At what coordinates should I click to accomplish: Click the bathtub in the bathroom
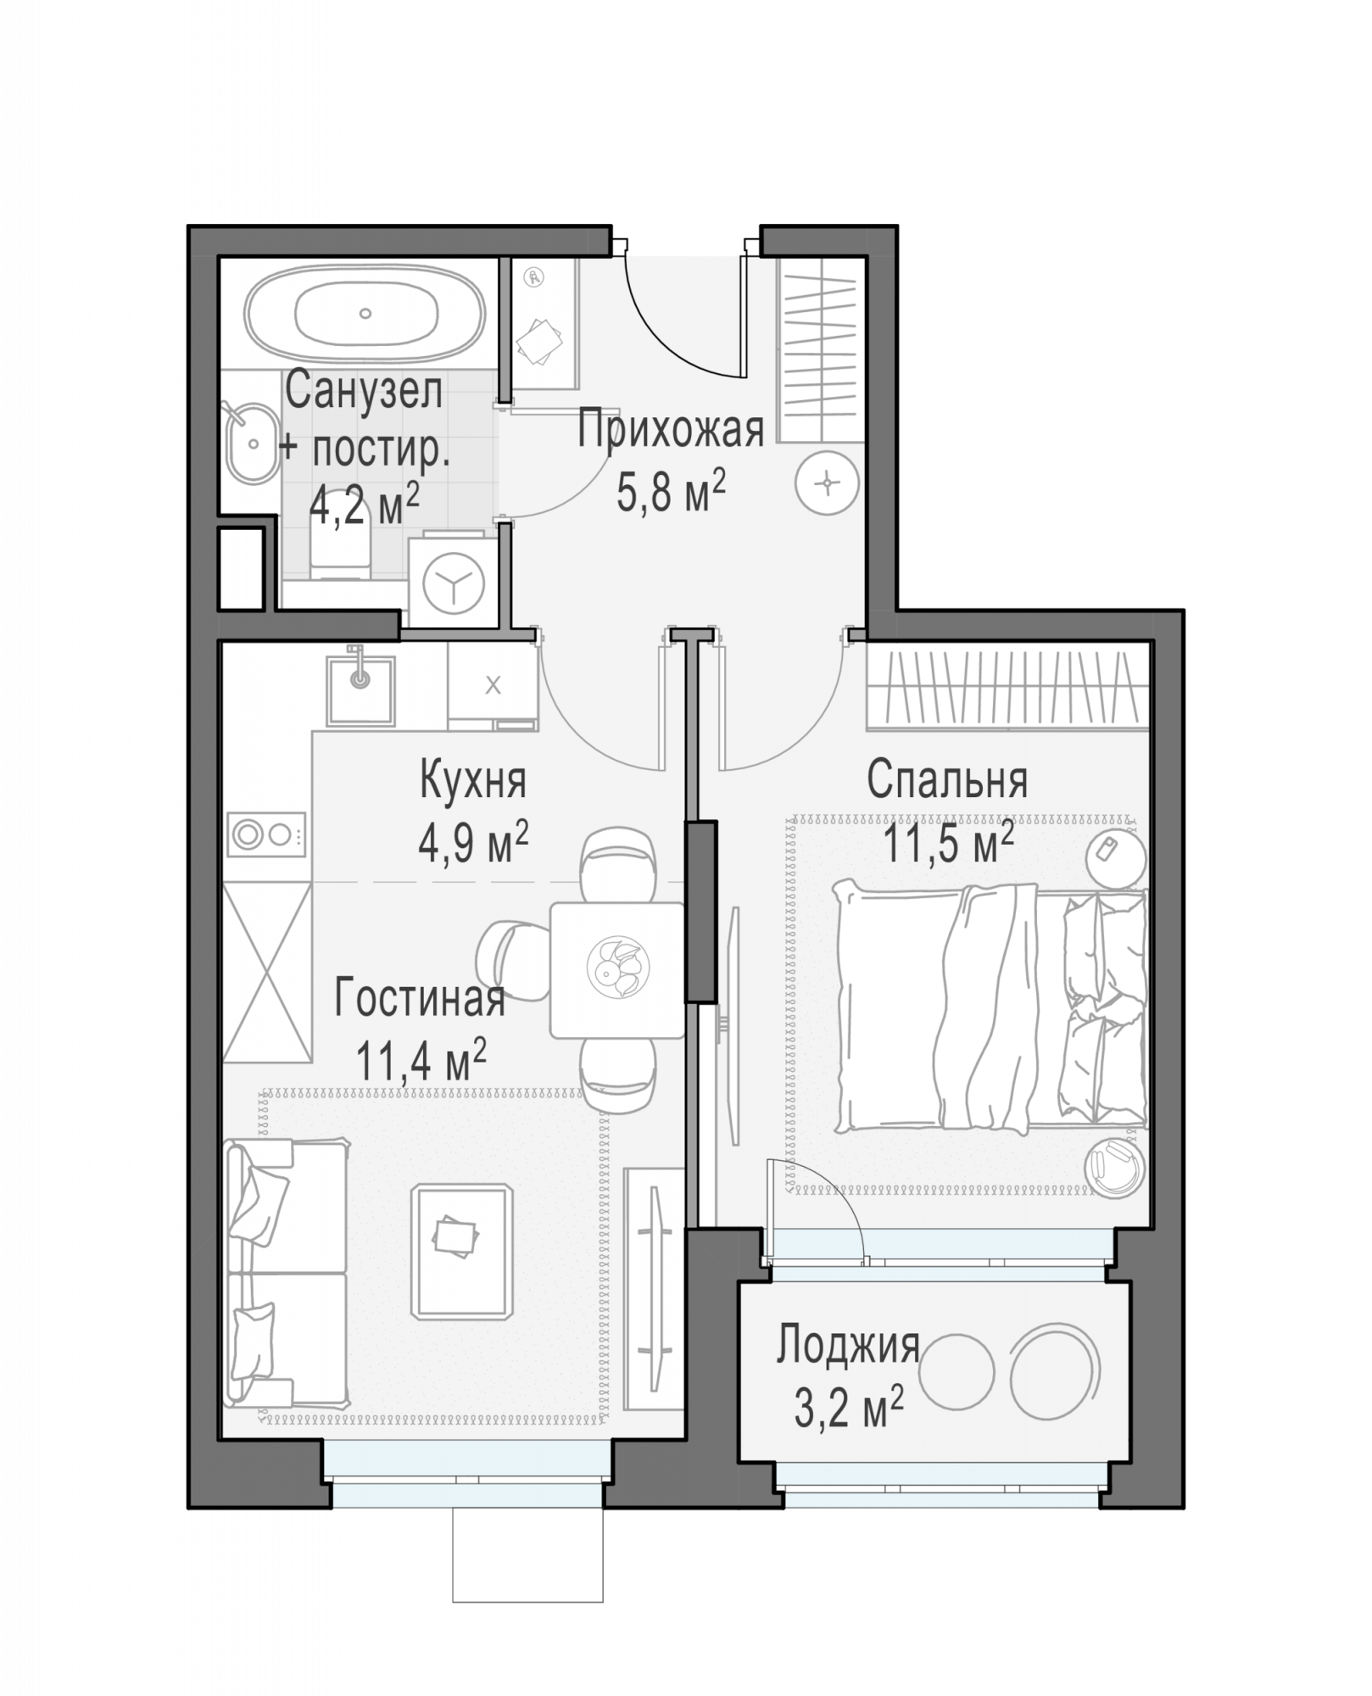tap(365, 314)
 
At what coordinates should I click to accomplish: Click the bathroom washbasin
tap(252, 443)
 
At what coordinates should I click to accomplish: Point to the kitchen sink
tap(360, 691)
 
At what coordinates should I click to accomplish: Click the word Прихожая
tap(671, 429)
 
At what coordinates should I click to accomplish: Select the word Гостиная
tap(420, 998)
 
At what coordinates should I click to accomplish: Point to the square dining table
tap(616, 970)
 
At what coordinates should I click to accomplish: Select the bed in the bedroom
tap(990, 1007)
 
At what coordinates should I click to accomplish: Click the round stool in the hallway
tap(827, 483)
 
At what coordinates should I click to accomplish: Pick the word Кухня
tap(473, 780)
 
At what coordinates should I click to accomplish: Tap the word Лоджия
tap(848, 1345)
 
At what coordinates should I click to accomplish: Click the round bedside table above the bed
tap(1116, 856)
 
